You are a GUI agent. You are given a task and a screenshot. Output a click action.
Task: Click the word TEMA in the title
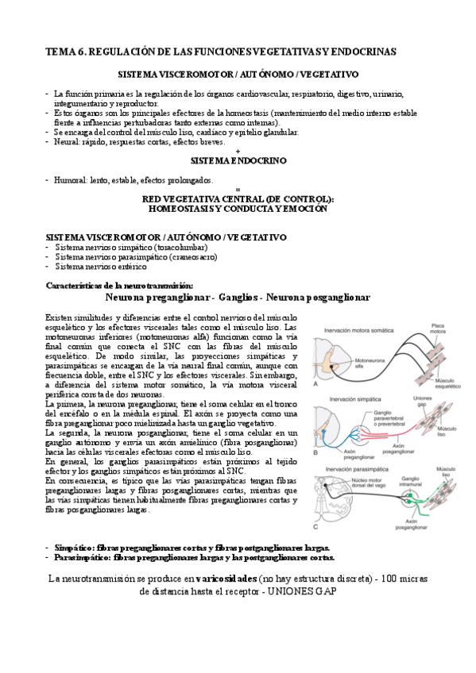[60, 52]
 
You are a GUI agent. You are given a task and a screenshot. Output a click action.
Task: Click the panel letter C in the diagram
[316, 525]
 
